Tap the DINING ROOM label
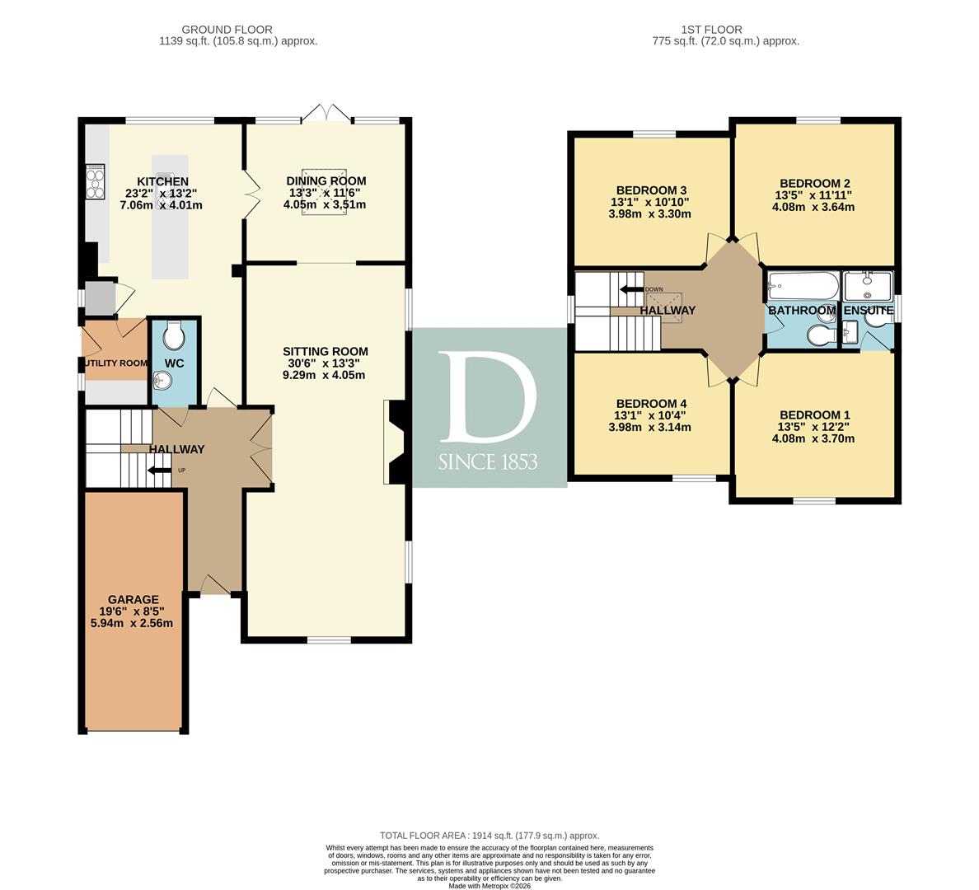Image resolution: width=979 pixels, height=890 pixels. (326, 181)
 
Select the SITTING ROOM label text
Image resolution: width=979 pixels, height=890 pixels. (326, 352)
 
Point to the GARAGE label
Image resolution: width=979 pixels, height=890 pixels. (133, 600)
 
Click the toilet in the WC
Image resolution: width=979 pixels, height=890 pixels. (174, 336)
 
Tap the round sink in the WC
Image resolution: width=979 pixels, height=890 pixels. (162, 379)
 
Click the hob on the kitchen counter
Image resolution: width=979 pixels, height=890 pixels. (96, 182)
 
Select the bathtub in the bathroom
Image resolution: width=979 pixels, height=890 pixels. (803, 286)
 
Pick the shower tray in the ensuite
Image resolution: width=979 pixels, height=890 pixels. (869, 287)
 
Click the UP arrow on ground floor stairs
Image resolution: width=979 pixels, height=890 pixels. (159, 471)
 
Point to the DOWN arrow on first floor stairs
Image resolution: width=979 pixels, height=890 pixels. (631, 289)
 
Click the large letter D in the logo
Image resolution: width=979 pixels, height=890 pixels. (488, 397)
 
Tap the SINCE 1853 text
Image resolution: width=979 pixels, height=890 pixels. (488, 462)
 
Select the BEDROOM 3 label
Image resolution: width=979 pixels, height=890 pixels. (651, 190)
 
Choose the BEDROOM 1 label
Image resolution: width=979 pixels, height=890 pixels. (815, 415)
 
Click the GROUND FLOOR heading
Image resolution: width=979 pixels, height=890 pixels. (227, 30)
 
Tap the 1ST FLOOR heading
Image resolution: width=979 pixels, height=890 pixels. (712, 30)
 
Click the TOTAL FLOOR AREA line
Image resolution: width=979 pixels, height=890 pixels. (489, 836)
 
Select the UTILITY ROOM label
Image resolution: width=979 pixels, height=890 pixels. (115, 363)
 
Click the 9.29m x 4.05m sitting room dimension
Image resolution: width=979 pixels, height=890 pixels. (325, 375)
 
